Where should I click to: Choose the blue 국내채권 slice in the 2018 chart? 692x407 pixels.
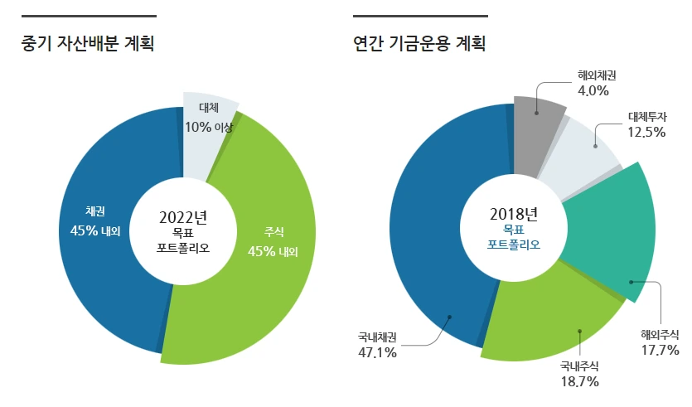coord(439,249)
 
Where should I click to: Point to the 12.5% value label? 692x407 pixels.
coord(646,131)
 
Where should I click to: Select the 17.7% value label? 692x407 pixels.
coord(660,351)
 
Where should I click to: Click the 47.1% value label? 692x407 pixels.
coord(376,352)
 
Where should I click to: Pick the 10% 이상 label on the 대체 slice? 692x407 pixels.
coord(210,127)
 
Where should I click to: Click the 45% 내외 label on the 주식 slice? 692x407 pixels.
coord(273,251)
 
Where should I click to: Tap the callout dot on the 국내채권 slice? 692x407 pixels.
coord(450,316)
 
